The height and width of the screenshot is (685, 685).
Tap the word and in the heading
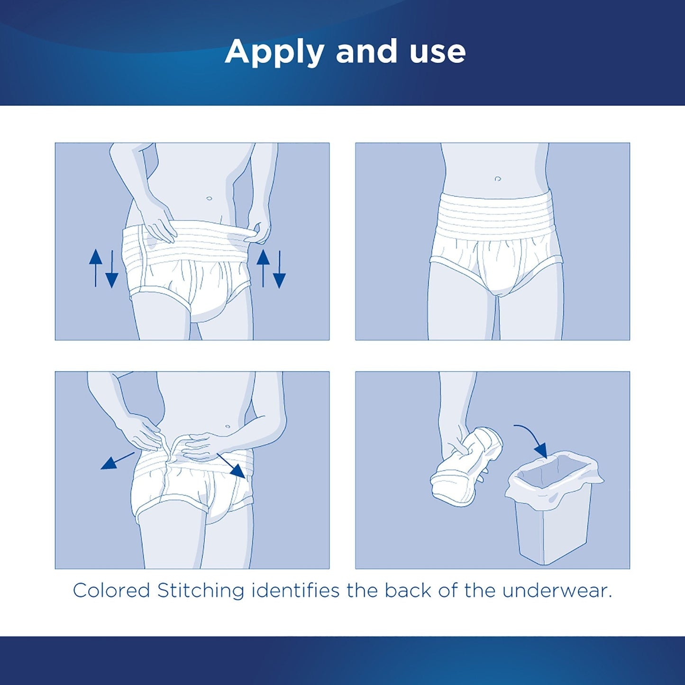click(366, 52)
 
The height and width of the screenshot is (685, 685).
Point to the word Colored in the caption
click(111, 591)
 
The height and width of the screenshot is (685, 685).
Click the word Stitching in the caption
click(201, 591)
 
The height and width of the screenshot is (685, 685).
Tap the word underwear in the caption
click(557, 591)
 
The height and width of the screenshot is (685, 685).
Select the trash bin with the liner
click(552, 507)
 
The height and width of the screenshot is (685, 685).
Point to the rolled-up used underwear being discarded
click(467, 465)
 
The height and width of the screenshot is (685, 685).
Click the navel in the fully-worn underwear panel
click(497, 179)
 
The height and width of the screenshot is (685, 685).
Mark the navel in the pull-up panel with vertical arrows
click(209, 198)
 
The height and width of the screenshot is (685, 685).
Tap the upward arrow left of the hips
click(96, 268)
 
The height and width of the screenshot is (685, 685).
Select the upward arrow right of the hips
click(263, 268)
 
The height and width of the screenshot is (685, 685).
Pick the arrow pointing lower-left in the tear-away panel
click(117, 461)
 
